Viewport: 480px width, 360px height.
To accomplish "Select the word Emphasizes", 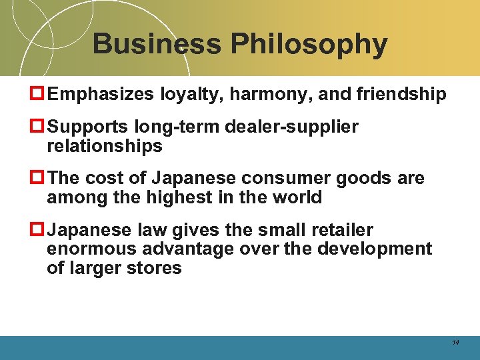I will (101, 95).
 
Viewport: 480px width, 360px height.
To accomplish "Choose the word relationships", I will (105, 146).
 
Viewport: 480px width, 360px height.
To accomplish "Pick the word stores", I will (155, 268).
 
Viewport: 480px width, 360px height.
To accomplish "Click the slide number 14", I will (455, 342).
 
